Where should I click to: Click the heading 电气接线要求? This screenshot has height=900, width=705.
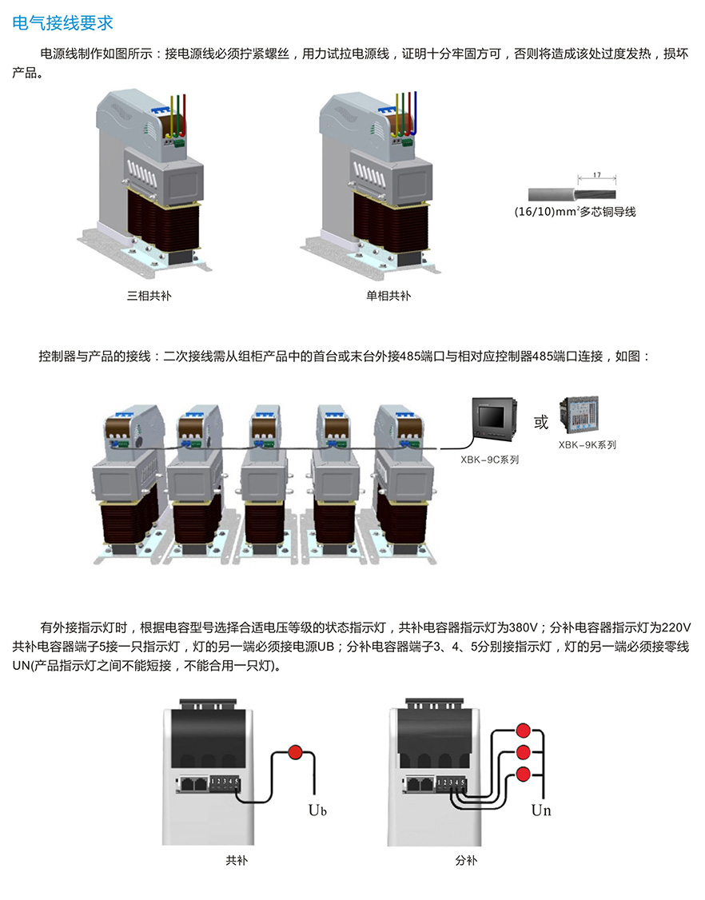click(63, 23)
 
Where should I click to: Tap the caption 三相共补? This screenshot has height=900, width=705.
click(149, 296)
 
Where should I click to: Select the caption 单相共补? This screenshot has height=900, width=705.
click(388, 296)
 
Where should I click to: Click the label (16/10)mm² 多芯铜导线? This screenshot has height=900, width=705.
click(575, 213)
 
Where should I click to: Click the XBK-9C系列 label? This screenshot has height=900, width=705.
click(490, 460)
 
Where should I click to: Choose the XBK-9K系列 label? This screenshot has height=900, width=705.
click(587, 444)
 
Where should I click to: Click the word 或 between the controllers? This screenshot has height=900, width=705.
click(541, 422)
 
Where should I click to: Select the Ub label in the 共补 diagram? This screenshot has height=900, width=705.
click(318, 810)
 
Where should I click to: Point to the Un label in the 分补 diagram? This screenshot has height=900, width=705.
click(541, 810)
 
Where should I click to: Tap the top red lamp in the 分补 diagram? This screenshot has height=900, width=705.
click(524, 730)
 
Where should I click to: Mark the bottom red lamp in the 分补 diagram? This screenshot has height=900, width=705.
click(524, 774)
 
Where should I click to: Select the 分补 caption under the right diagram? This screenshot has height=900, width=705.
click(466, 861)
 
